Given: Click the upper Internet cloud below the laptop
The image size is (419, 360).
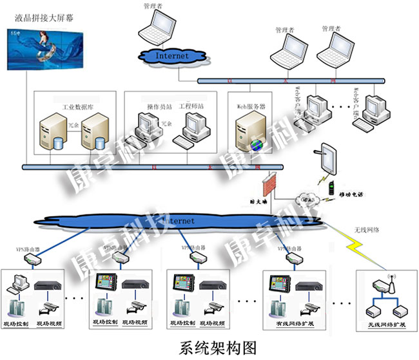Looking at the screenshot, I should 172,55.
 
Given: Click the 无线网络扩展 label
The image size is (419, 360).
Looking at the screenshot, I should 386,324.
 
